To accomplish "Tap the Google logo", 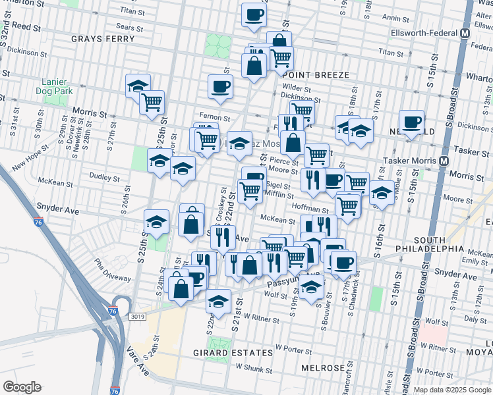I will [x=22, y=387].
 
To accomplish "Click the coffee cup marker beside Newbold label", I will [x=412, y=122].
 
